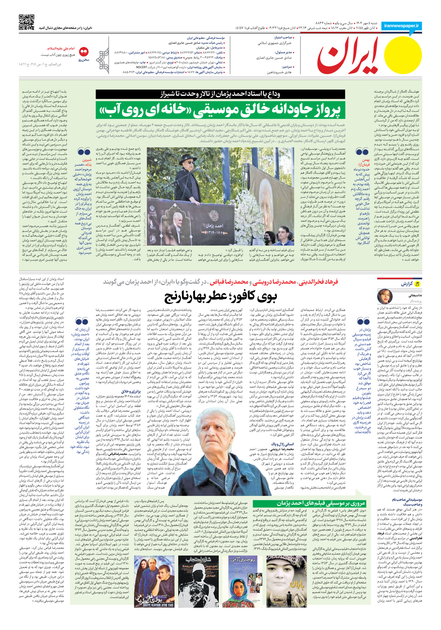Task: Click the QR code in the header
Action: [26, 22]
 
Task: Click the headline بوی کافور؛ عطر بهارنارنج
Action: [220, 297]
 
